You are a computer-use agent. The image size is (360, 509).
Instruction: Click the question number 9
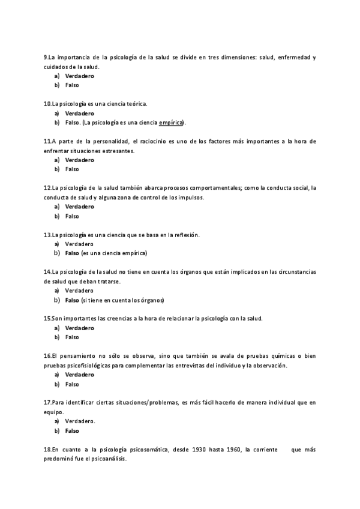pos(46,58)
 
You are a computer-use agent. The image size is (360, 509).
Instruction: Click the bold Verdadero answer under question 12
pos(79,206)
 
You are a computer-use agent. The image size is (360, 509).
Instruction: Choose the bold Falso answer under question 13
pos(72,253)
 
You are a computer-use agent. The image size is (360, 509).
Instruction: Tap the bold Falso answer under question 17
pos(72,431)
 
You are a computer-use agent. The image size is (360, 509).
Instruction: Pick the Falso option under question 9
pos(72,85)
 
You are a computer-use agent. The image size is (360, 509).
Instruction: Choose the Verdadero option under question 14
pos(79,291)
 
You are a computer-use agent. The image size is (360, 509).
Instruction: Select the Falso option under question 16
pos(72,384)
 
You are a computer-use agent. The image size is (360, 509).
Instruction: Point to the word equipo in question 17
pos(53,412)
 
